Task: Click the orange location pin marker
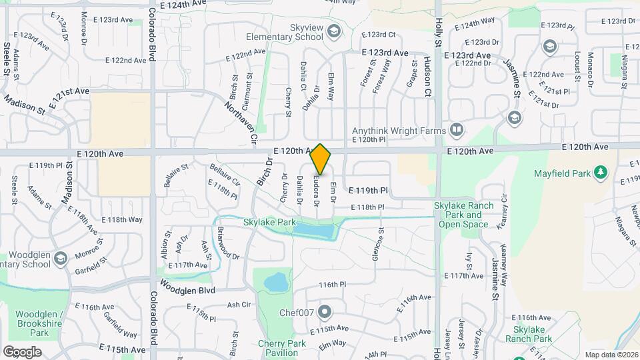(x=321, y=159)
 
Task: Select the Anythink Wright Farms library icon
(x=457, y=129)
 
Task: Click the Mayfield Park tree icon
(x=601, y=173)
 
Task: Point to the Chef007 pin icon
(x=325, y=311)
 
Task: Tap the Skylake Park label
(x=269, y=222)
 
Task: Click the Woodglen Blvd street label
(x=187, y=291)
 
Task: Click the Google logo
(x=22, y=351)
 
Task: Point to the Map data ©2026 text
(x=611, y=355)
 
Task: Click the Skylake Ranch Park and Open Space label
(x=465, y=215)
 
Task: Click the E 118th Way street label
(x=122, y=219)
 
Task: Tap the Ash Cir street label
(x=238, y=305)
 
